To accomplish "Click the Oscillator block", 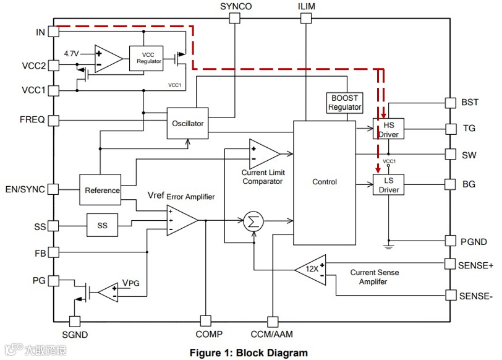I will (187, 123).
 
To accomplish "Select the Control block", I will (324, 182).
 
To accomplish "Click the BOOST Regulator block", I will (344, 103).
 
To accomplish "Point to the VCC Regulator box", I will (149, 58).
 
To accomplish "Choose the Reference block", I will (102, 190).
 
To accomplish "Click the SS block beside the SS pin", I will (102, 226).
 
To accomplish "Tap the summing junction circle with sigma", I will (252, 221).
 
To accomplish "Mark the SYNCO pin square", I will (235, 19).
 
